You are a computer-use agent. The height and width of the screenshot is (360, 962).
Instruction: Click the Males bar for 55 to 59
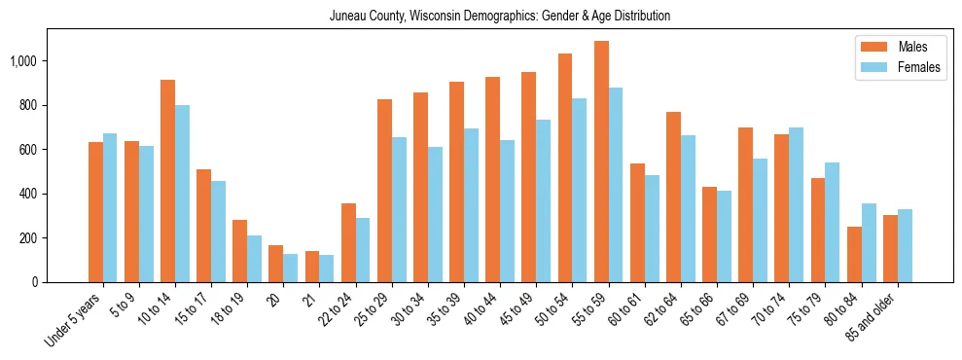pyautogui.click(x=601, y=162)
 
